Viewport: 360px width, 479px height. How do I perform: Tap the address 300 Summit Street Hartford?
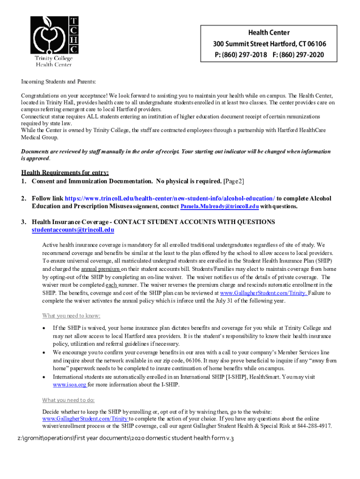[252, 44]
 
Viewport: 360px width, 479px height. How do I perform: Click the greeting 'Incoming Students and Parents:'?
[58, 82]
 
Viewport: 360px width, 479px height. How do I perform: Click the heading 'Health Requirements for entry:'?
[65, 173]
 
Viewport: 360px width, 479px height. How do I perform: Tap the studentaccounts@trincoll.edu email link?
[73, 230]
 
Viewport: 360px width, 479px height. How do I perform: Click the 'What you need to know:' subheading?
[71, 315]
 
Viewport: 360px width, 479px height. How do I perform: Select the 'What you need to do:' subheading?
[68, 400]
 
